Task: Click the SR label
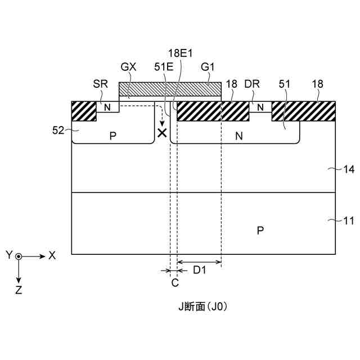(100, 83)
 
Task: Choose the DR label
(251, 83)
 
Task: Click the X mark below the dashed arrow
(162, 133)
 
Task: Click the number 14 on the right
(349, 169)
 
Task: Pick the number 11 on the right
(349, 222)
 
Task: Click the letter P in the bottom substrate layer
(260, 230)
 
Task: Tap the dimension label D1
(200, 271)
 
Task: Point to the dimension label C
(174, 282)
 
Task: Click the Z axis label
(19, 291)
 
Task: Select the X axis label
(52, 255)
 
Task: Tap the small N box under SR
(107, 107)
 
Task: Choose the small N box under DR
(260, 107)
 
